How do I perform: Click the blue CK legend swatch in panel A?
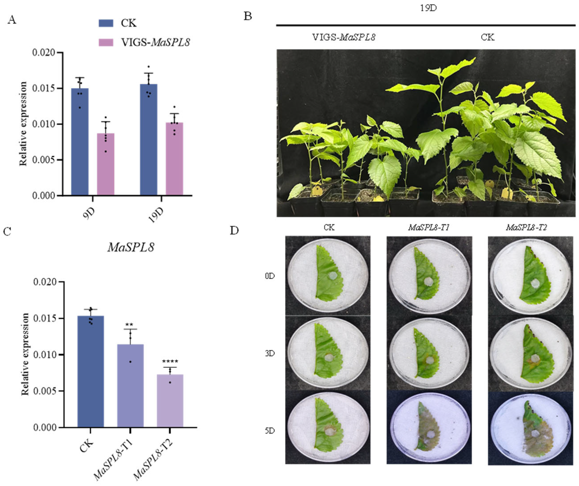click(x=106, y=23)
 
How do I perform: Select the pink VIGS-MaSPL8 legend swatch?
click(x=106, y=42)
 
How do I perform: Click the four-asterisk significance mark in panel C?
click(x=170, y=362)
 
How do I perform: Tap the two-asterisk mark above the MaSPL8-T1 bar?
click(x=129, y=324)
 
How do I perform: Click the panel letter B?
click(x=248, y=17)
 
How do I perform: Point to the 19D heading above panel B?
click(x=428, y=8)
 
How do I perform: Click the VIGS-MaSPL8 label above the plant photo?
click(x=344, y=37)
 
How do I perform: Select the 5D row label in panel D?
click(x=270, y=431)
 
